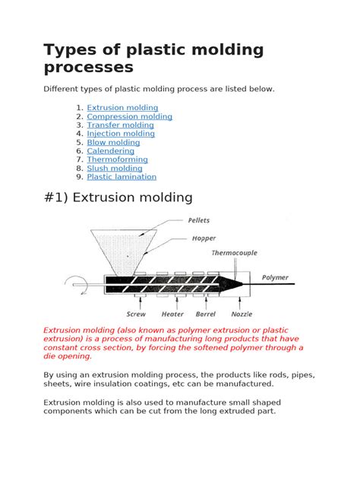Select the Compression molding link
129,117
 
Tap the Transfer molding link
120,125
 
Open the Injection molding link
121,134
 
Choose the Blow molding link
113,142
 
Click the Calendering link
112,151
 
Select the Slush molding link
115,169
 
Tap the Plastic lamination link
122,177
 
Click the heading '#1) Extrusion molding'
118,197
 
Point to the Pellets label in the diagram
201,222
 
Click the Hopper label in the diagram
204,238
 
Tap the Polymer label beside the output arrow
276,278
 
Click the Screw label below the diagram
137,313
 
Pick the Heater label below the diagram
173,313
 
